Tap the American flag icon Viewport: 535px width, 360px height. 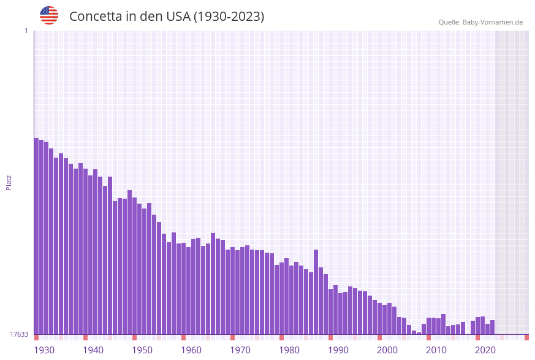(49, 15)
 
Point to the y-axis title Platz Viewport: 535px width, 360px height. (9, 182)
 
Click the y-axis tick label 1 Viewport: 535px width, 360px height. (26, 31)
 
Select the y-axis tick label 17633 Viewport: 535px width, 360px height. (19, 334)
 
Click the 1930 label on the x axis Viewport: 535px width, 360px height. (44, 350)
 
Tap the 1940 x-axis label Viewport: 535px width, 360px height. (93, 350)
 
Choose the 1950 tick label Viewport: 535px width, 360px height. (142, 350)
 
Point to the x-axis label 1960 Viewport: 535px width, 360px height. (191, 350)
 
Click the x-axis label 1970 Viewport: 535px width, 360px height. (240, 350)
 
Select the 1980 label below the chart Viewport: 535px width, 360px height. (289, 350)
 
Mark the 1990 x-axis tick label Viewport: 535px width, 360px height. (338, 350)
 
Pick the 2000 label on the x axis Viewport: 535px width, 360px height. (387, 350)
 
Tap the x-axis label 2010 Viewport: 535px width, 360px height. (436, 350)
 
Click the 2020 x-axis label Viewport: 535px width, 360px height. (485, 350)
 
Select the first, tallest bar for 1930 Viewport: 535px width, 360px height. (36, 236)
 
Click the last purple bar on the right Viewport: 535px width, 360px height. (492, 327)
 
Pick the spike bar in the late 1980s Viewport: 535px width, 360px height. (316, 292)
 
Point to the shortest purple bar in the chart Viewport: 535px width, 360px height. (419, 333)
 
